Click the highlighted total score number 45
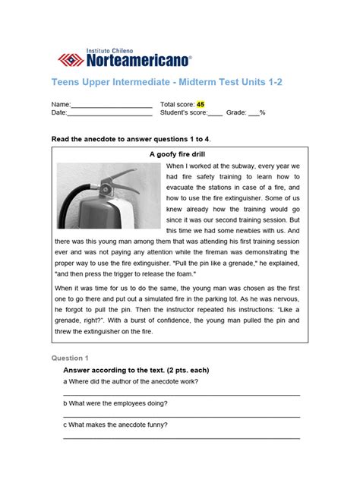pyautogui.click(x=200, y=104)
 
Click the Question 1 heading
pyautogui.click(x=70, y=357)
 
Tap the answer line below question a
pyautogui.click(x=181, y=394)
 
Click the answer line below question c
pyautogui.click(x=181, y=438)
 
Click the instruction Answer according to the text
pyautogui.click(x=136, y=370)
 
